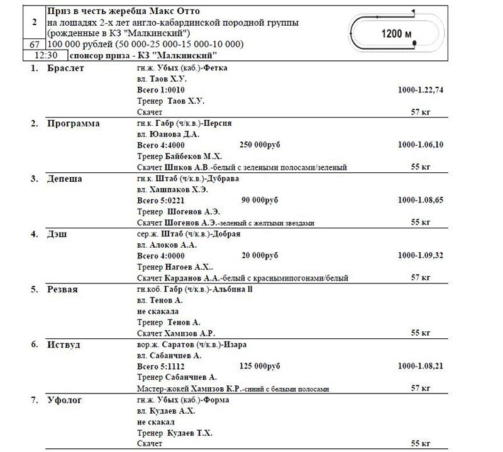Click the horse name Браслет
(66, 67)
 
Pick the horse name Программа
(73, 123)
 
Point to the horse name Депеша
(65, 179)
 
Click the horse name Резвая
(62, 289)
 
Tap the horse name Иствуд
(63, 345)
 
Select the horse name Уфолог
(65, 400)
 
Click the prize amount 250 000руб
(260, 145)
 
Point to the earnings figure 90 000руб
(259, 201)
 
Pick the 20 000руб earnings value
(259, 256)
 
